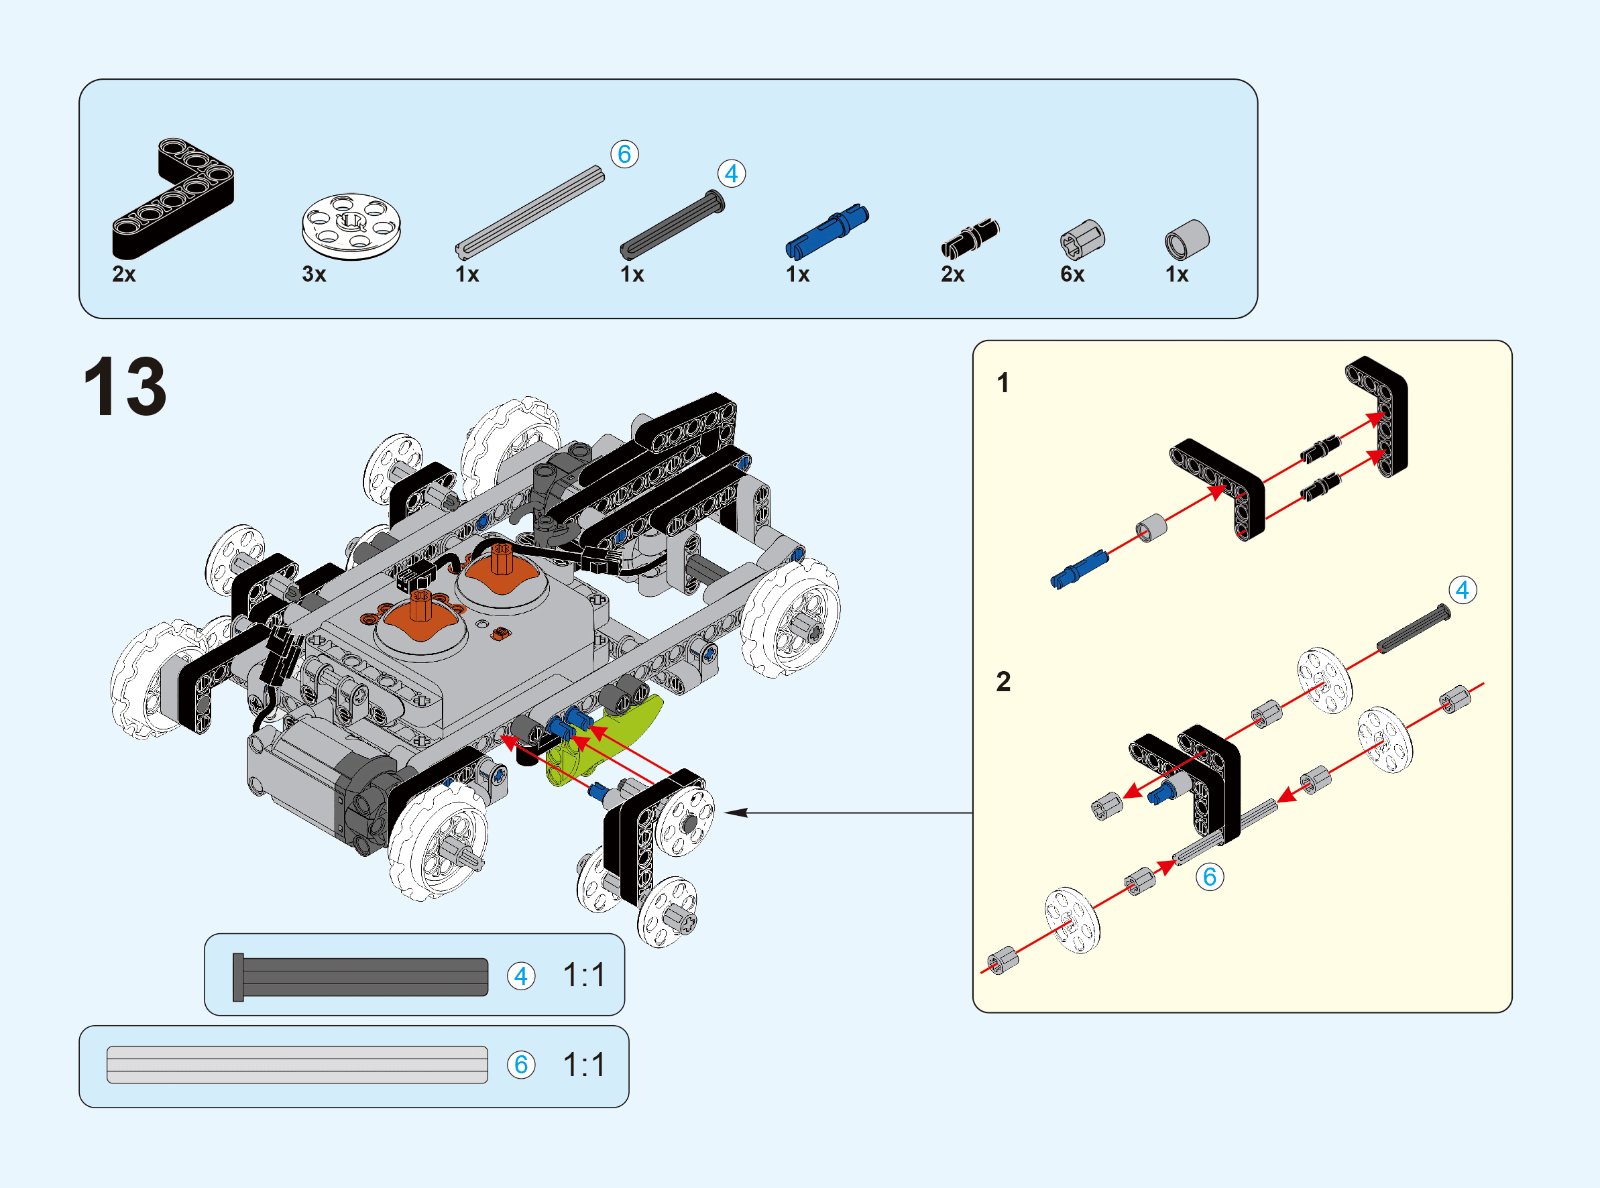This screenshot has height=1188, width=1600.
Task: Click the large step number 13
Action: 125,386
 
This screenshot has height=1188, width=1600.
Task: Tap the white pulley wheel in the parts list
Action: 351,226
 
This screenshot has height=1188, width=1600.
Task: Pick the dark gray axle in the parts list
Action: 672,225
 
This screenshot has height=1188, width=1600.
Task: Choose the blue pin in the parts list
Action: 827,231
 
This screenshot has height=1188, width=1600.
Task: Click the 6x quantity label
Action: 1072,274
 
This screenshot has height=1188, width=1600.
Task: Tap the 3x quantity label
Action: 315,274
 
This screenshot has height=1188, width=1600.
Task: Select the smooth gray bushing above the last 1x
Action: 1186,239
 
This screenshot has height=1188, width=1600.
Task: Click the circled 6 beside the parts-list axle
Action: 624,154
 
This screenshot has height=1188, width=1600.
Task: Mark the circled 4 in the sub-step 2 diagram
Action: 1462,591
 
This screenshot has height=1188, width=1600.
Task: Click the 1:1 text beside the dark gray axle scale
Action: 584,975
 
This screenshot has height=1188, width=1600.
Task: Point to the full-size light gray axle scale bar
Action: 297,1065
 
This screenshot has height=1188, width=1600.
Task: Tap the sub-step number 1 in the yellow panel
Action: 1003,383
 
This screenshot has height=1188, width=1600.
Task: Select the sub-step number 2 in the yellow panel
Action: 1003,681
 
